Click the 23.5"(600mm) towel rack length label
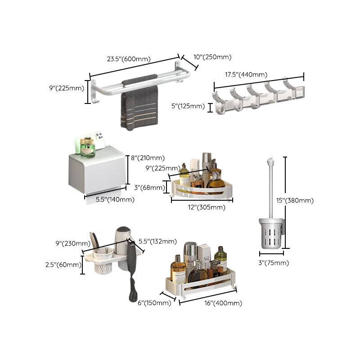point(128,58)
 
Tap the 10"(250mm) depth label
point(212,57)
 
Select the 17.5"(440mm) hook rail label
point(246,75)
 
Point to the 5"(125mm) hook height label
point(189,107)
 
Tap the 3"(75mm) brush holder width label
point(274,263)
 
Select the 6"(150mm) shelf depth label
point(153,303)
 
